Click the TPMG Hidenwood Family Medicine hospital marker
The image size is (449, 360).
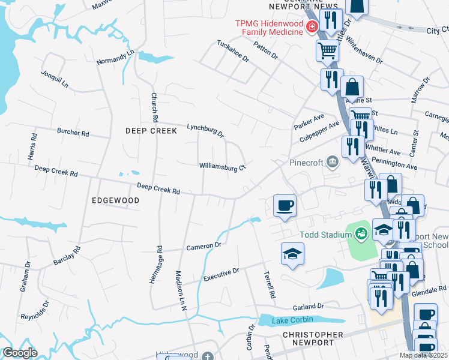coord(312,26)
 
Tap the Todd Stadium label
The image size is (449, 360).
coord(325,234)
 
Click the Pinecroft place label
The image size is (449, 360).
coord(307,162)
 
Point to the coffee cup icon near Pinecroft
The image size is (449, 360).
coord(285,205)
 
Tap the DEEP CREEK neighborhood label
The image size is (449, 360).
coord(151,130)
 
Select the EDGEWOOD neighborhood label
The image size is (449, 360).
coord(116,200)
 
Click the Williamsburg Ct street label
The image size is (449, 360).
coord(223,167)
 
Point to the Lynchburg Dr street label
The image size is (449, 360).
coord(205,129)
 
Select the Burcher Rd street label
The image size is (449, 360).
coord(73,131)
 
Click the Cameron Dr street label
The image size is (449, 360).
coord(203,246)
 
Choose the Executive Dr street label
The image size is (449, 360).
coord(221,275)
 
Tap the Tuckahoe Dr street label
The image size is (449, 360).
coord(233,52)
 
